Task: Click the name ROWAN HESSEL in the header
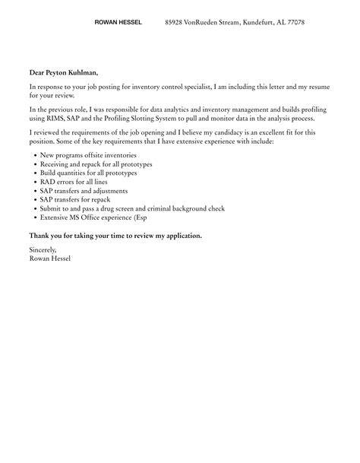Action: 118,23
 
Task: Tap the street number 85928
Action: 178,23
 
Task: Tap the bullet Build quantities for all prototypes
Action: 90,173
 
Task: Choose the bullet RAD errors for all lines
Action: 76,182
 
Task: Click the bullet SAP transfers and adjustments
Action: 84,191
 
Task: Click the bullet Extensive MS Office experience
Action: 92,218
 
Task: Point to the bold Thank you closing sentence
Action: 115,236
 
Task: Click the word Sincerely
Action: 43,249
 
